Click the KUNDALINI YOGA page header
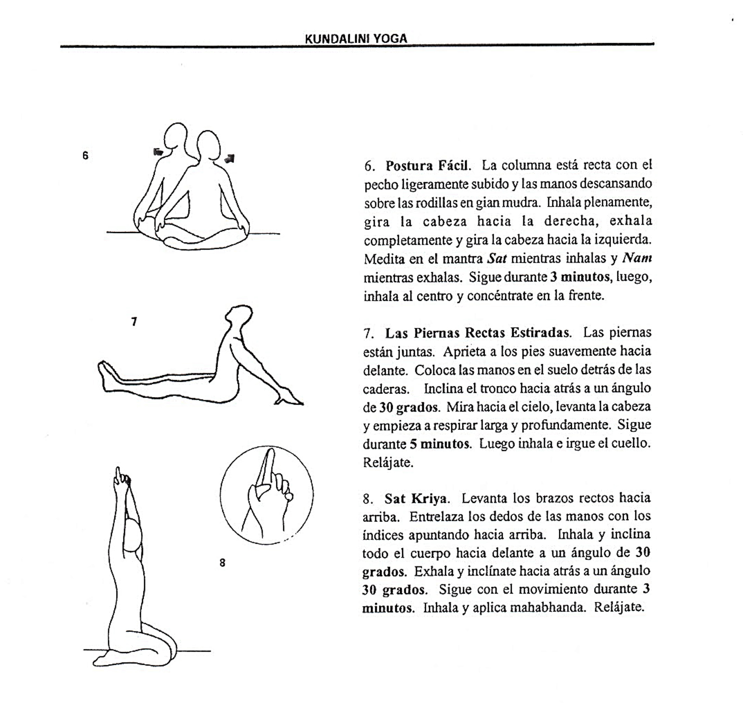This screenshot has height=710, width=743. coord(356,39)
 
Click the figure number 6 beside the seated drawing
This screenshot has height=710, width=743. coord(85,156)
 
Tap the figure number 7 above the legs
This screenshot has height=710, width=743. coord(134,322)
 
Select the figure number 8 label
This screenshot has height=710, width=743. coord(222,563)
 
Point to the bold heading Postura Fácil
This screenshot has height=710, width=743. coord(428,166)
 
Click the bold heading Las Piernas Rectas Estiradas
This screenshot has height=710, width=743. coord(478,333)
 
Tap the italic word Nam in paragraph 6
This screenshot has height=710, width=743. coord(637,258)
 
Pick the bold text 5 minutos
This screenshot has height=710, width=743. coord(439,444)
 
